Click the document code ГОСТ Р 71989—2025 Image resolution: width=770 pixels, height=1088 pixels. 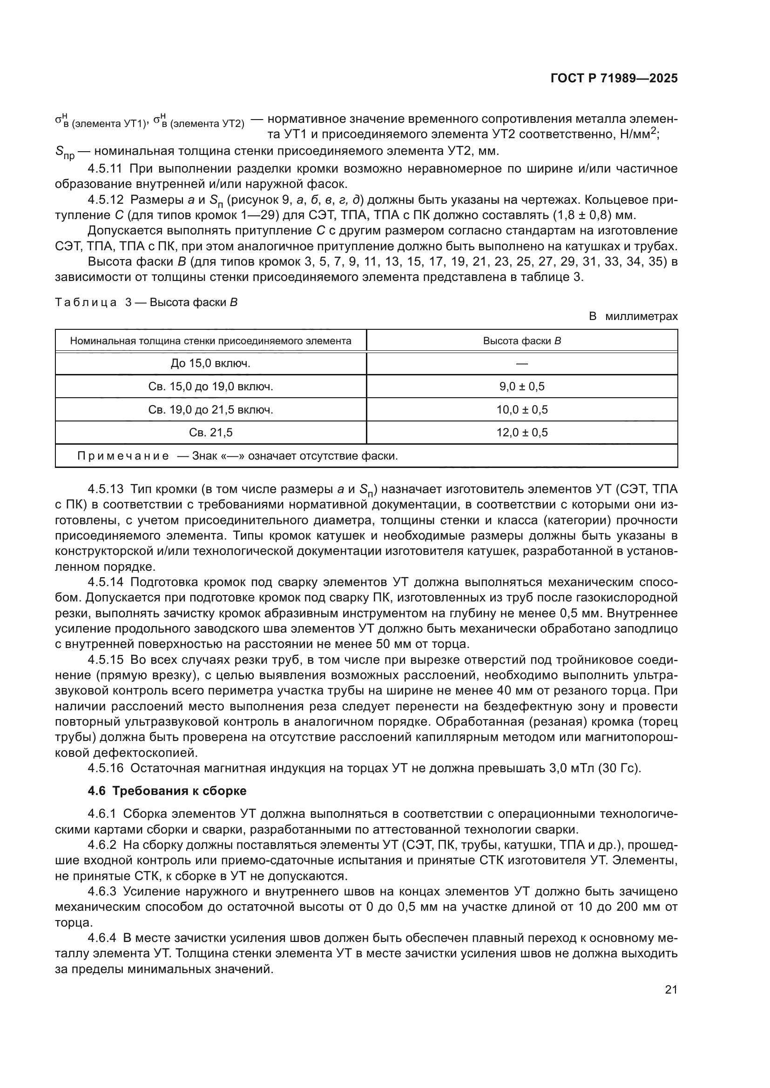coord(614,79)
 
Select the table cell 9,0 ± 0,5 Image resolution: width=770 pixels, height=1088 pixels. coord(521,386)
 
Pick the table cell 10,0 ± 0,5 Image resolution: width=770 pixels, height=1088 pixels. coord(521,409)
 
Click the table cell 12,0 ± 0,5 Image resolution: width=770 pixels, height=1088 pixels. coord(521,432)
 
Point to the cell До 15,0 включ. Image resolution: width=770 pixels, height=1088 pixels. coord(210,363)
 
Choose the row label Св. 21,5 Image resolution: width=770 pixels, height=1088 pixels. coord(210,432)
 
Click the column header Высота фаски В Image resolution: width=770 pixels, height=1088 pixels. coord(521,340)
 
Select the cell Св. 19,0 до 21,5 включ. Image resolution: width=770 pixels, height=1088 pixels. coord(210,409)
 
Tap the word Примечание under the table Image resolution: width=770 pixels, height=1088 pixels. coord(123,456)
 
